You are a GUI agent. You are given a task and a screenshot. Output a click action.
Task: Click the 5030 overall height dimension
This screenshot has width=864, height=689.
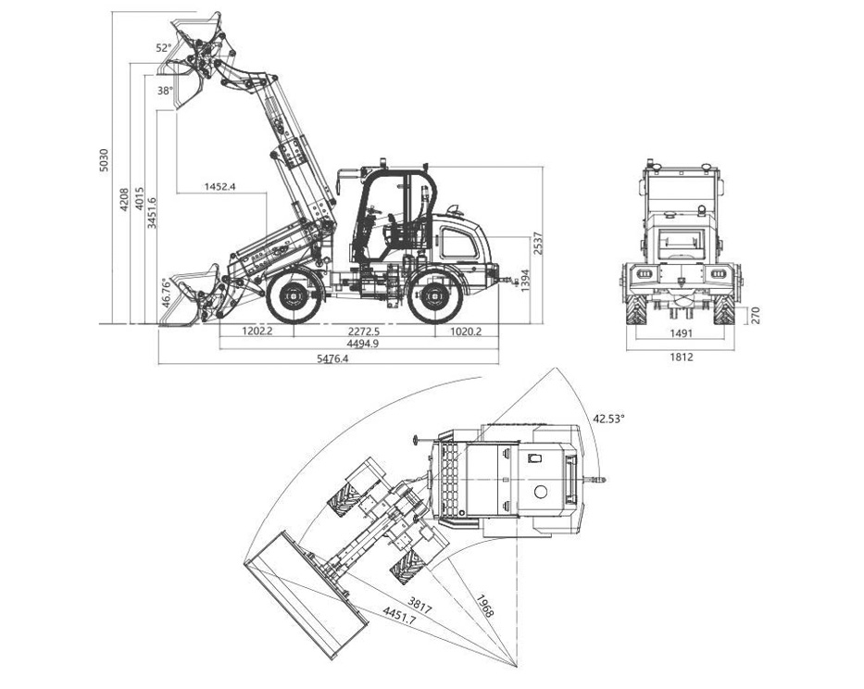(x=104, y=160)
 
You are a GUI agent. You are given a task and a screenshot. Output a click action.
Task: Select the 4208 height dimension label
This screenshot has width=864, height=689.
(x=124, y=199)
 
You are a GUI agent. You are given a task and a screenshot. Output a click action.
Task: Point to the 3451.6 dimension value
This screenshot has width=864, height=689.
(x=152, y=213)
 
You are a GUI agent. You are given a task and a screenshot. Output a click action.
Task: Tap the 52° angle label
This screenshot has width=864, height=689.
(x=164, y=48)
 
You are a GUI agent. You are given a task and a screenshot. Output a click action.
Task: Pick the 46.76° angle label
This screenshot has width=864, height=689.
(x=167, y=293)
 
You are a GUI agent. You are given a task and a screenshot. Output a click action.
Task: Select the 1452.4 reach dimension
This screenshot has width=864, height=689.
(x=219, y=186)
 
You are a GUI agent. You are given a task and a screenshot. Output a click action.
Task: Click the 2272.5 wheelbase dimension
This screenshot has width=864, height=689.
(x=364, y=332)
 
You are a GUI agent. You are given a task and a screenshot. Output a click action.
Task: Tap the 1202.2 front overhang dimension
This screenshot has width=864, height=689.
(x=257, y=332)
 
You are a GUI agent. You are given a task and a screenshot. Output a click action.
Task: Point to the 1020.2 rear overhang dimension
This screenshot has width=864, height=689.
(x=466, y=332)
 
